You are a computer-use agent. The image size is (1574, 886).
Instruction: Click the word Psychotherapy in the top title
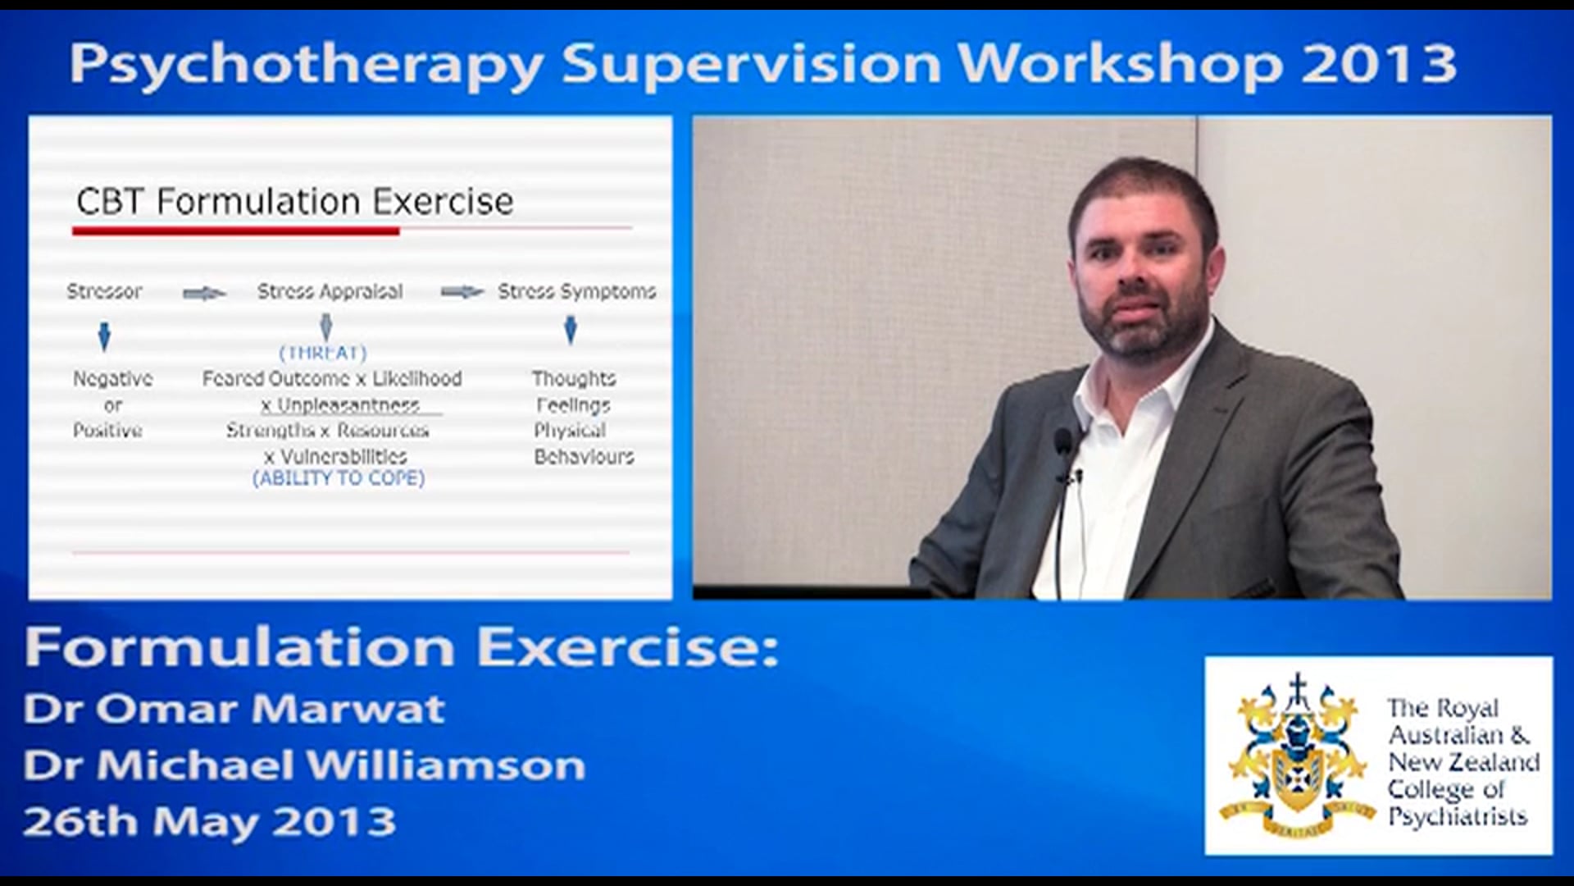click(306, 64)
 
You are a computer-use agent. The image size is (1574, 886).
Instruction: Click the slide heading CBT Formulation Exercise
click(294, 202)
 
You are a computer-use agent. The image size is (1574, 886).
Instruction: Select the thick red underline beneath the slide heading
click(235, 232)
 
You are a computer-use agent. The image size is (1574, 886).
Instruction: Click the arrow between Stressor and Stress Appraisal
click(203, 293)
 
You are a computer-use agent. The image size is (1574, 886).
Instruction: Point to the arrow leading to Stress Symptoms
click(462, 292)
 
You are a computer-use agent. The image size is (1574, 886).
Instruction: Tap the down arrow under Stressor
click(104, 336)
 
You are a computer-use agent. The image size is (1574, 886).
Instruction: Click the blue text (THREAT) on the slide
click(323, 353)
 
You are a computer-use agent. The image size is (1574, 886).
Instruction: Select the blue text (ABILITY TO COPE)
click(339, 478)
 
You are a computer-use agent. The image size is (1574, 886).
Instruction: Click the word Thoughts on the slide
click(573, 379)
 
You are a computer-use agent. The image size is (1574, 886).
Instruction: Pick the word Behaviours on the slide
click(584, 457)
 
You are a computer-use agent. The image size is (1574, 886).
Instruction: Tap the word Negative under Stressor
click(112, 379)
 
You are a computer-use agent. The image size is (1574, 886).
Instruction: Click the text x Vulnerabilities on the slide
click(335, 457)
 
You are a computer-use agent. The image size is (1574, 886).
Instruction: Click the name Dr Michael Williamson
click(304, 766)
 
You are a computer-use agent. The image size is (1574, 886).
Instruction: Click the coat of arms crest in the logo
click(1297, 755)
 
